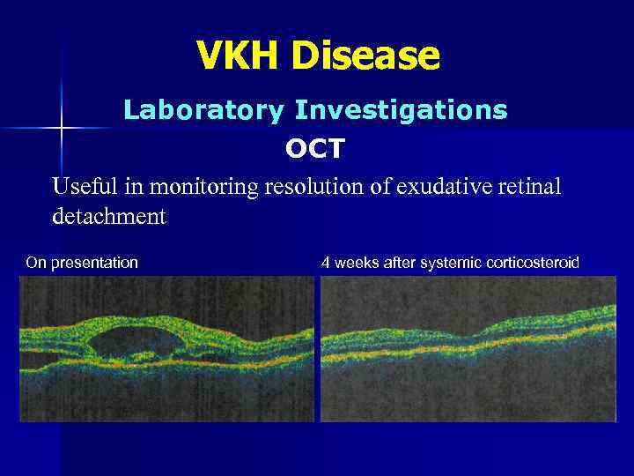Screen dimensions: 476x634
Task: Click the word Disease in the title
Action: tap(366, 56)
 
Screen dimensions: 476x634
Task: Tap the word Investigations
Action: tap(401, 110)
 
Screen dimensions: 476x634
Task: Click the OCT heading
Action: tap(315, 149)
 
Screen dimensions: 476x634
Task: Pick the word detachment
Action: tap(108, 216)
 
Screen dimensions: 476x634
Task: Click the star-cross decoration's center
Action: tap(62, 128)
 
